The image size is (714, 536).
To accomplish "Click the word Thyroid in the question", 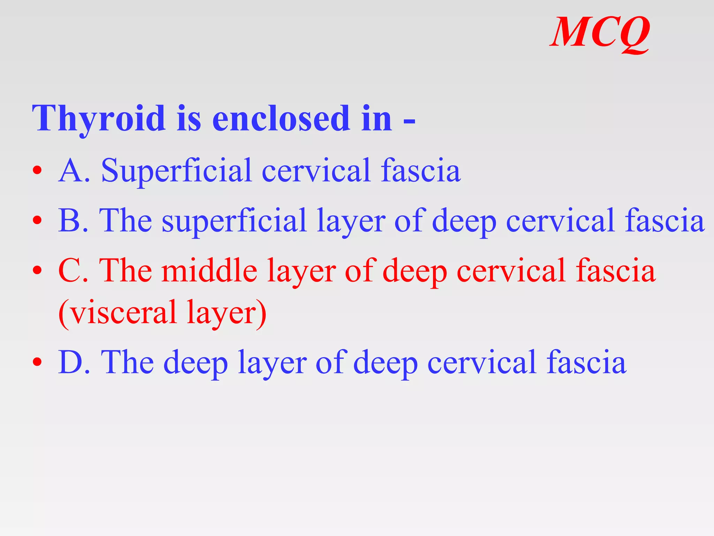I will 98,119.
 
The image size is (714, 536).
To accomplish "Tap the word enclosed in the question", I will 281,119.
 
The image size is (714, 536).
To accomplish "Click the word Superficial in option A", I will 176,171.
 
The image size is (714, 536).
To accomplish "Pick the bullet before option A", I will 37,171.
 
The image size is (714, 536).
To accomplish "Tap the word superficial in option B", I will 234,221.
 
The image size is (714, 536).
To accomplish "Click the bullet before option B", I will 37,221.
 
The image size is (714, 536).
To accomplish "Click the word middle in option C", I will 209,270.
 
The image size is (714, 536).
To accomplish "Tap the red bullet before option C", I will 37,270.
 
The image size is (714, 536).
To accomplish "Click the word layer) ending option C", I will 227,312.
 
